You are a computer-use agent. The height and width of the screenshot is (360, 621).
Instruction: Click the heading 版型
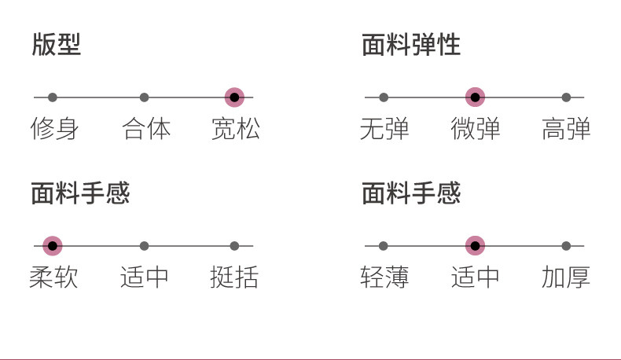click(57, 45)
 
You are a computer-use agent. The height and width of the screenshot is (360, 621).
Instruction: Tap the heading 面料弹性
click(411, 45)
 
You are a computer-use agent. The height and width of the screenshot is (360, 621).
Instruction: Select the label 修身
click(53, 129)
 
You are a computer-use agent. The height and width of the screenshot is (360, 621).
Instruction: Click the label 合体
click(146, 129)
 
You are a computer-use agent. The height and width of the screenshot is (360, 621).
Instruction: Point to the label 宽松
click(235, 129)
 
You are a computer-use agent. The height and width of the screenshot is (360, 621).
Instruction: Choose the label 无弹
click(384, 129)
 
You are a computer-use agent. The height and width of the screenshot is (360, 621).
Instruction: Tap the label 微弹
click(476, 129)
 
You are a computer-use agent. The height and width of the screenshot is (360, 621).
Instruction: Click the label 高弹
click(566, 129)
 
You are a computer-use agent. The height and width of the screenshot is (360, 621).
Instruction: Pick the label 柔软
click(53, 277)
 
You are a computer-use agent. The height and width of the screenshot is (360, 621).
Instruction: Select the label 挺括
click(234, 277)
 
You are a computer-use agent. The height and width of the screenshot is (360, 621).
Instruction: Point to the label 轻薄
click(384, 277)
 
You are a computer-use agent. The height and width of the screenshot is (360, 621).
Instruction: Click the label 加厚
click(566, 277)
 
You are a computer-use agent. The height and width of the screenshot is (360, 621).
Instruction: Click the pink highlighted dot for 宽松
click(234, 97)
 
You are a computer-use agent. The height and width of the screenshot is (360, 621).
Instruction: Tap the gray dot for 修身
click(53, 97)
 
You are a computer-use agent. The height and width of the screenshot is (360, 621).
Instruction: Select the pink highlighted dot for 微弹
click(475, 97)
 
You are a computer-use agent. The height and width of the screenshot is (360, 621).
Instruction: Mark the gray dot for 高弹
click(566, 97)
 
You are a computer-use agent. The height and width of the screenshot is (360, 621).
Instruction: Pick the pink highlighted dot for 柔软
click(53, 246)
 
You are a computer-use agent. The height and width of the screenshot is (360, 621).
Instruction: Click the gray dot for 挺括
click(234, 246)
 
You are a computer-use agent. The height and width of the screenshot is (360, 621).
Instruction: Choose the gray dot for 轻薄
click(384, 246)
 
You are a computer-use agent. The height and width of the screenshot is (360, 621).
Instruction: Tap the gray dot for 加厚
click(566, 246)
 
